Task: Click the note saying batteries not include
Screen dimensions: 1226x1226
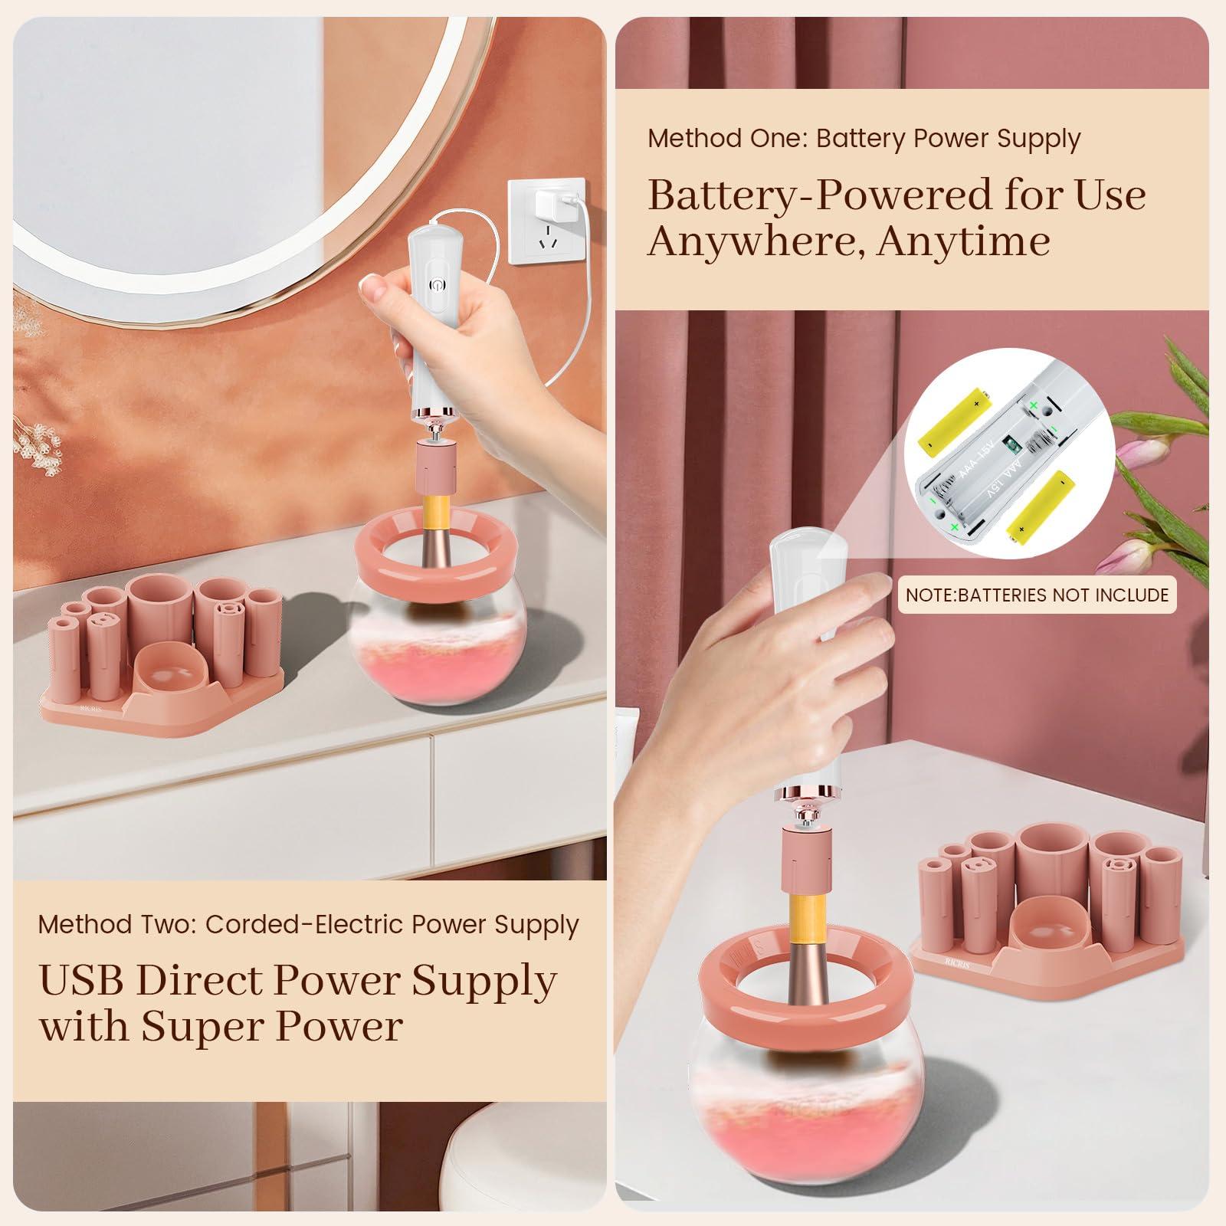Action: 1037,595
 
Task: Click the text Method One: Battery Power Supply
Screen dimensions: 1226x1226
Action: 864,139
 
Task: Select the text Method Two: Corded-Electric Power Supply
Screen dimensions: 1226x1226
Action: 309,924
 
